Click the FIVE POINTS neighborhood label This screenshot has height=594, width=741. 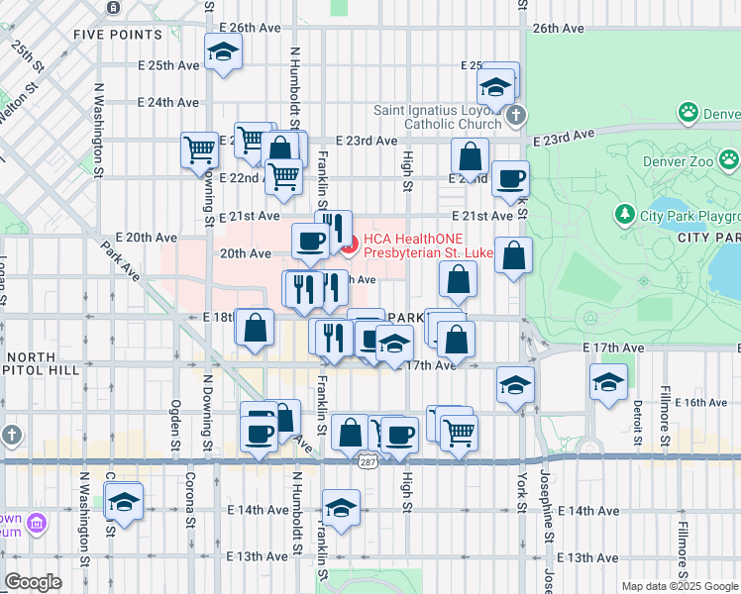pos(118,35)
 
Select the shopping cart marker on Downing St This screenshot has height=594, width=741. pos(199,150)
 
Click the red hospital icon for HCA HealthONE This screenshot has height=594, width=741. pos(349,240)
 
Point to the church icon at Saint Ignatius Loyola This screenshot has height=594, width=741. pos(514,117)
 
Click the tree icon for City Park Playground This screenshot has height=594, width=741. pos(624,214)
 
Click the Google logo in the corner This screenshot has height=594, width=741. pos(33,581)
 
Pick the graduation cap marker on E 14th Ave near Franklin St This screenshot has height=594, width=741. pos(341,509)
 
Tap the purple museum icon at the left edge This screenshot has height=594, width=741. pos(36,523)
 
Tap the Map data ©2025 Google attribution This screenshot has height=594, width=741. pos(680,586)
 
